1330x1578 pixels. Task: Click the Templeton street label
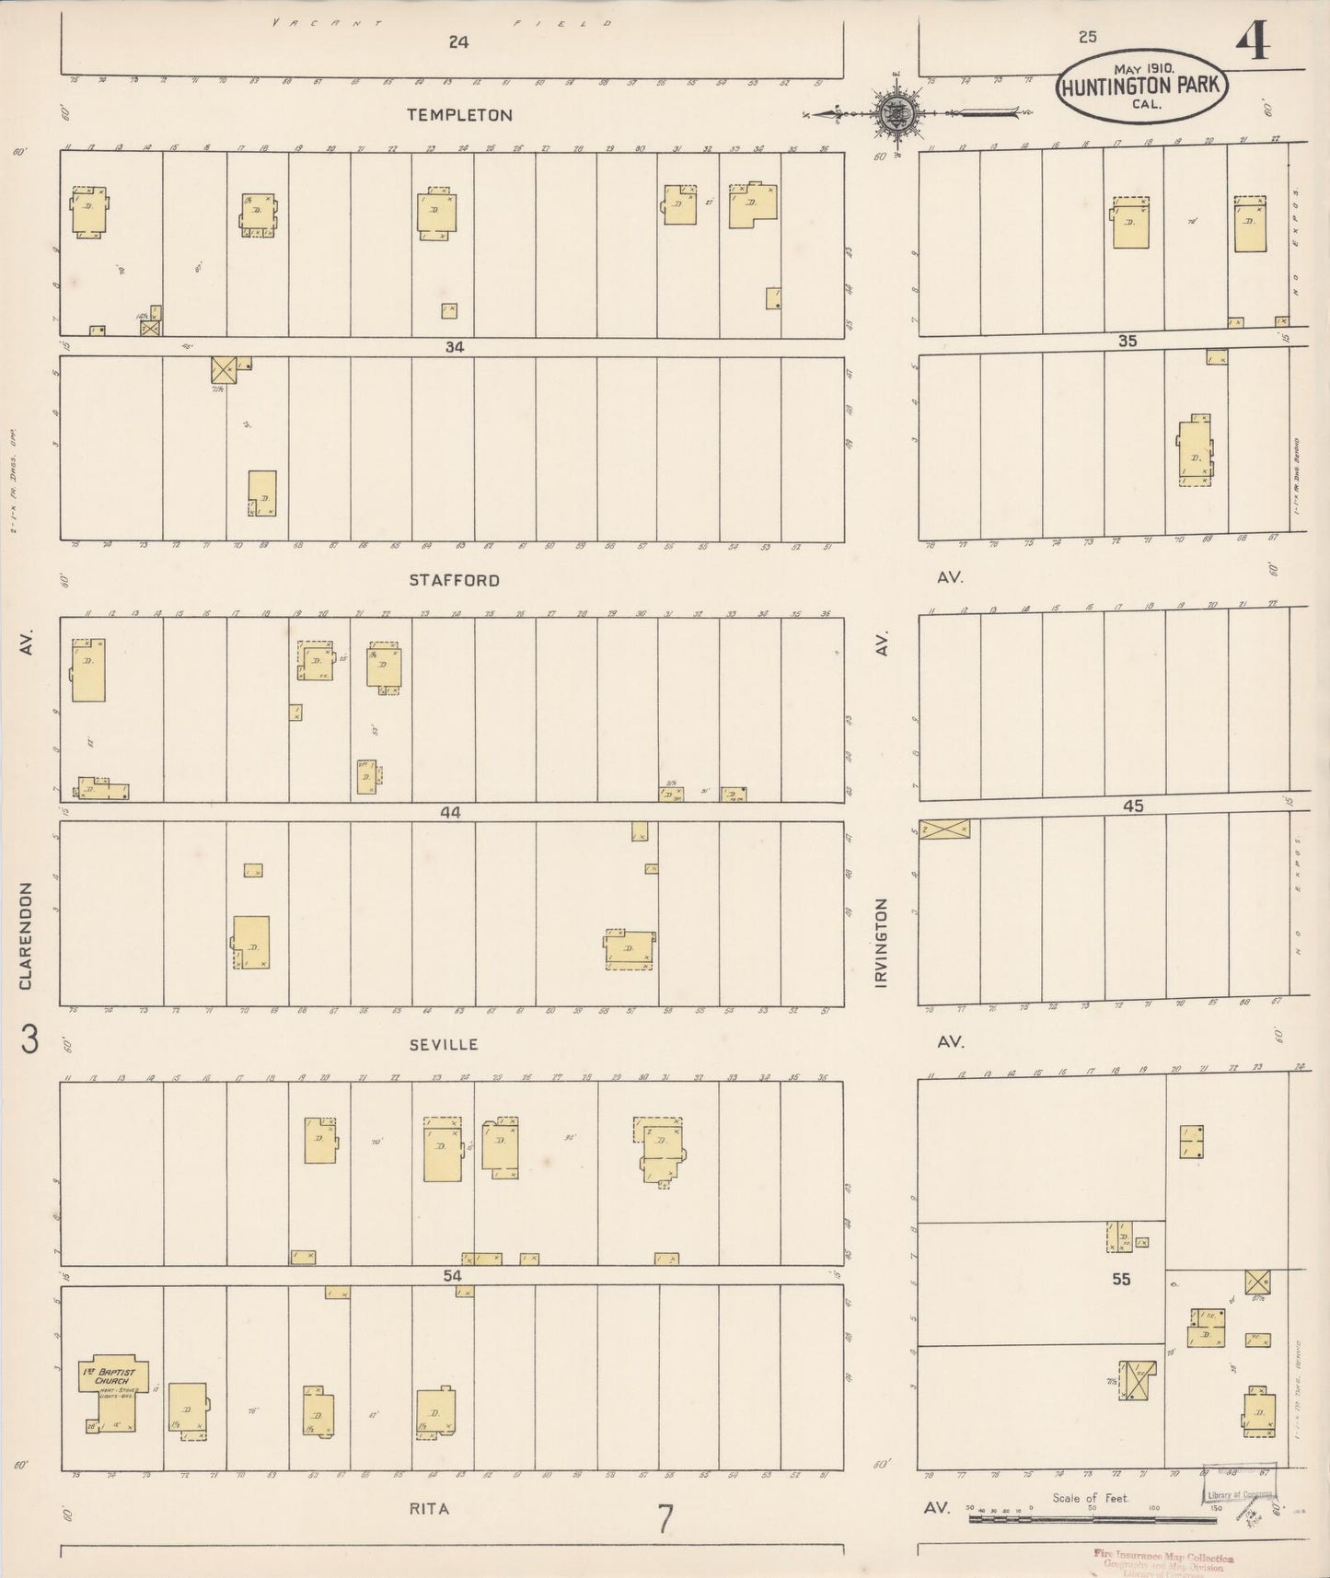pos(460,115)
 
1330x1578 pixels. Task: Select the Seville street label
pos(445,1044)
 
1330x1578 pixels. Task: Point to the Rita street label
pos(429,1509)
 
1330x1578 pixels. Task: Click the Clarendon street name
pos(26,936)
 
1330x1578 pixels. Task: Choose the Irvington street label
pos(882,943)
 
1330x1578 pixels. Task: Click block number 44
pos(451,812)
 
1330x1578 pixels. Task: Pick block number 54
pos(452,1276)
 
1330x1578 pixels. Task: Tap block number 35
pos(1128,341)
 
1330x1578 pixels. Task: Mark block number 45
pos(1132,806)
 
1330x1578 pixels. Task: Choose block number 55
pos(1120,1279)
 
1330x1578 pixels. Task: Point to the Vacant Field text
pos(442,22)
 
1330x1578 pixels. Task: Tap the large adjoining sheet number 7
pos(665,1519)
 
